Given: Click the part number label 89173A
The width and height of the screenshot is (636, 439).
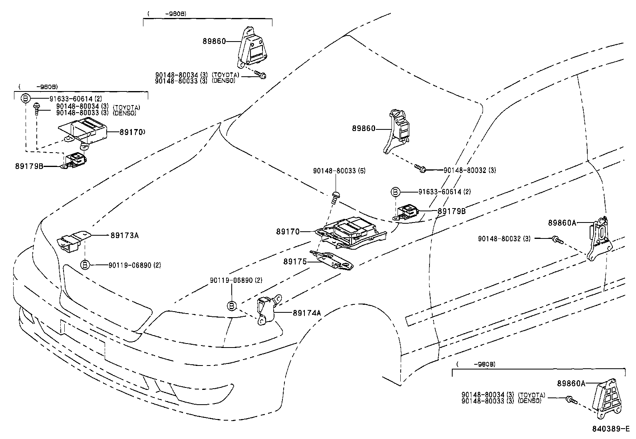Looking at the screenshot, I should pyautogui.click(x=125, y=235).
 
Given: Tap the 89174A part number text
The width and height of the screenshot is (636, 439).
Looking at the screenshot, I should pyautogui.click(x=307, y=313).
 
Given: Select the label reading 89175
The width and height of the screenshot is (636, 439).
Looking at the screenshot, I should pyautogui.click(x=295, y=262).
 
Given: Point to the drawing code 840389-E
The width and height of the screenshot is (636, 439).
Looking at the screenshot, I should pyautogui.click(x=610, y=430).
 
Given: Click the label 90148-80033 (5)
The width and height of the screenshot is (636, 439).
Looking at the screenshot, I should pyautogui.click(x=339, y=171).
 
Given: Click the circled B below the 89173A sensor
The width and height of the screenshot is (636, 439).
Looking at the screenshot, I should pyautogui.click(x=85, y=265).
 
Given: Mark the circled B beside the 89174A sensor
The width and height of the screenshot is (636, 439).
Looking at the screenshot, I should pyautogui.click(x=231, y=306).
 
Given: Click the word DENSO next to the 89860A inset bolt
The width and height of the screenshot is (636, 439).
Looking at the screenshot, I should pyautogui.click(x=531, y=401).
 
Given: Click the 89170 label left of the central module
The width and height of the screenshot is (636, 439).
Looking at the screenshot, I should pyautogui.click(x=288, y=231).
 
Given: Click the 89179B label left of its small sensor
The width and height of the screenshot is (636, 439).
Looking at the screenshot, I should pyautogui.click(x=29, y=166).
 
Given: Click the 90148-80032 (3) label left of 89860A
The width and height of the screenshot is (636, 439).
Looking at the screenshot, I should pyautogui.click(x=504, y=239).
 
